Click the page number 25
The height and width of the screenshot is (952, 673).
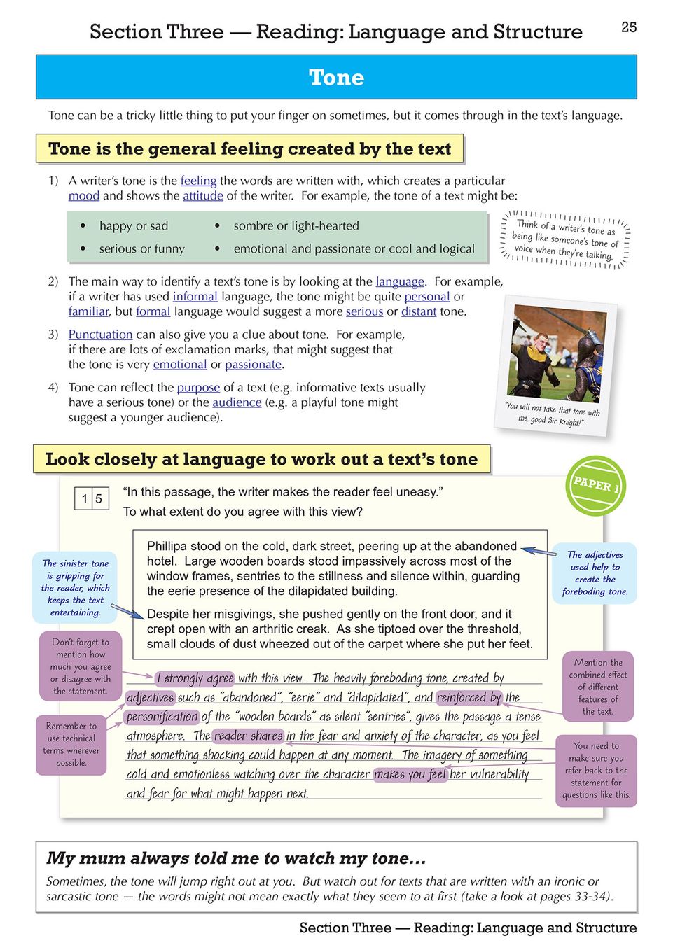click(628, 27)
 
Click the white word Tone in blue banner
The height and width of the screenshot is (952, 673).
click(336, 77)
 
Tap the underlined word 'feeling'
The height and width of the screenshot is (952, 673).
click(198, 181)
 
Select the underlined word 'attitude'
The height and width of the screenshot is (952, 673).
click(202, 196)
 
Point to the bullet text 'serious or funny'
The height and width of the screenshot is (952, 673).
click(141, 249)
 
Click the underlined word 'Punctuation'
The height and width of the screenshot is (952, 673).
click(100, 335)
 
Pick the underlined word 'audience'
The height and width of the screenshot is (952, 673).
click(237, 402)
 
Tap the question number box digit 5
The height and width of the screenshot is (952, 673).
click(99, 498)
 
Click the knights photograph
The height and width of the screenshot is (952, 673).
click(557, 353)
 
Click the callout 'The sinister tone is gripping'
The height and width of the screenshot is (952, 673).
click(74, 587)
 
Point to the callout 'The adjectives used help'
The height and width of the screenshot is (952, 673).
click(595, 573)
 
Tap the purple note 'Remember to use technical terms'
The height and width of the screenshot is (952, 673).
click(71, 744)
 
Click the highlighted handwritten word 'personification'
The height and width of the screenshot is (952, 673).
click(162, 717)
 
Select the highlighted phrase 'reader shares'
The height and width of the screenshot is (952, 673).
click(248, 736)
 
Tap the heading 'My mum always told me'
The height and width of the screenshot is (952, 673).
click(236, 858)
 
